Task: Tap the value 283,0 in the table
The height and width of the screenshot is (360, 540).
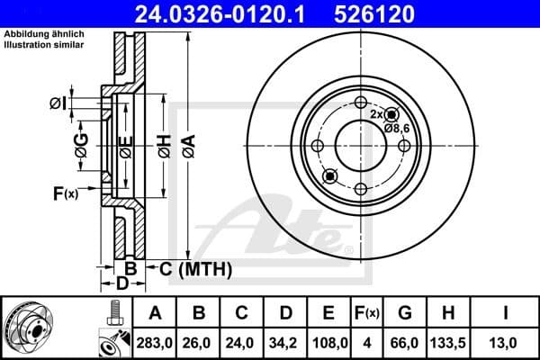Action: point(155,343)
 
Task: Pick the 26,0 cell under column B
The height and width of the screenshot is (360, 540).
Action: point(199,343)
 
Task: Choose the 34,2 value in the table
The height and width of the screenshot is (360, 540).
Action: point(285,343)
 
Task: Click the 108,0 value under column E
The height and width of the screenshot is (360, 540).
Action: point(329,343)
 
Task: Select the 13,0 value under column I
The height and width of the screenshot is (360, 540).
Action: point(507,343)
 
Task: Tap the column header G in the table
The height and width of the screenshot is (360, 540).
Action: point(405,314)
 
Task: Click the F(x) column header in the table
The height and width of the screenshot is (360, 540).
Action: point(367,314)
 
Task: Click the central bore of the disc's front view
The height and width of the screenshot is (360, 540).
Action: point(360,145)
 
